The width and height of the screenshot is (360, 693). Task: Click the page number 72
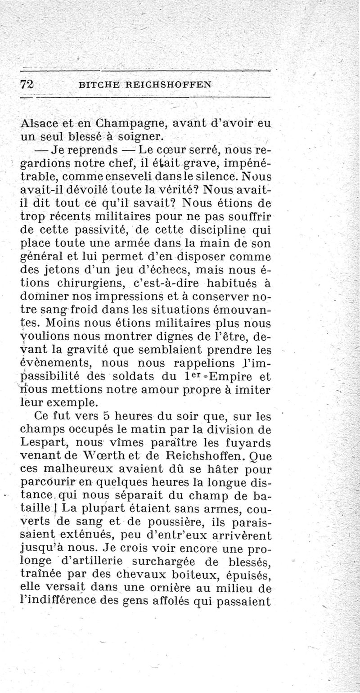(28, 84)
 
